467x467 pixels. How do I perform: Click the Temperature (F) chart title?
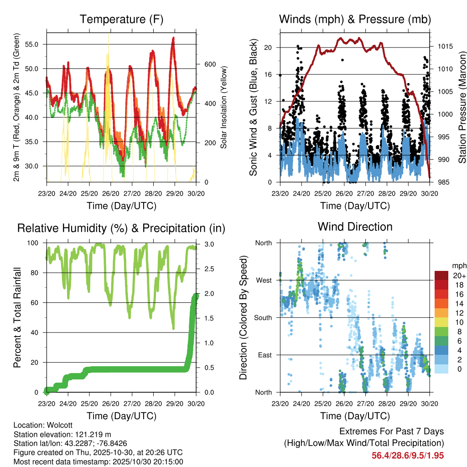click(x=121, y=19)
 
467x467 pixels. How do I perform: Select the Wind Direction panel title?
click(x=355, y=227)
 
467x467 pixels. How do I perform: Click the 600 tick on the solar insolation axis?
click(x=209, y=64)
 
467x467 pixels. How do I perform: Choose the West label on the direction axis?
click(x=263, y=280)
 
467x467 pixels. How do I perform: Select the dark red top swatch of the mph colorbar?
click(x=441, y=275)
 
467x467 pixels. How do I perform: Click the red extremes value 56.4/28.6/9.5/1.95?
click(x=408, y=455)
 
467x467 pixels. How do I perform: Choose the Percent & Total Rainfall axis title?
click(x=17, y=317)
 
